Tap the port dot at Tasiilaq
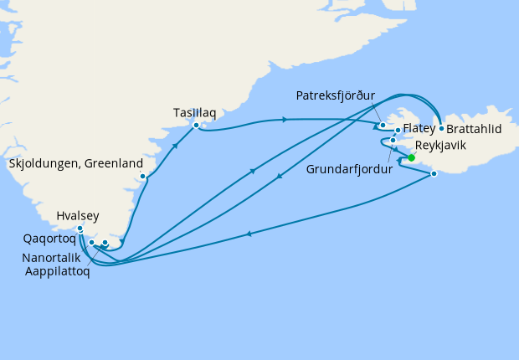point(196,126)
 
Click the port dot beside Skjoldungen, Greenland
point(144,176)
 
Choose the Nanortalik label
point(53,258)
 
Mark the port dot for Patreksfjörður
point(383,126)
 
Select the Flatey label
point(419,128)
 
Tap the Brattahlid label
point(474,131)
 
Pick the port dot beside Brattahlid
point(440,129)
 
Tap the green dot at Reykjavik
point(411,157)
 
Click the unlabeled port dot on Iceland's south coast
point(434,174)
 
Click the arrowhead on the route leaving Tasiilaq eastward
point(285,120)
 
